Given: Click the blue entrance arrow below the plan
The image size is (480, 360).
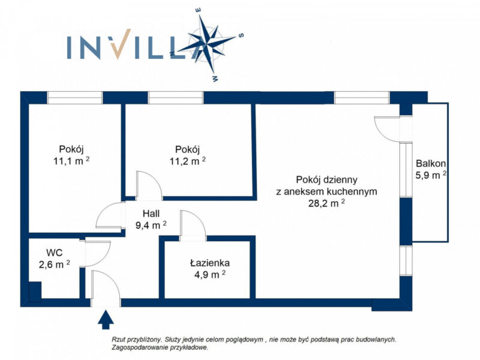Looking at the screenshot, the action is coord(106,319).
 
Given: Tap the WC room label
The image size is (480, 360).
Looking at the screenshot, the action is coord(55,253).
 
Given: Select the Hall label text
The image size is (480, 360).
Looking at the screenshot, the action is coord(151,214).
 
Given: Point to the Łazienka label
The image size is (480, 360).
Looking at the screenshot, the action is coord(209,263).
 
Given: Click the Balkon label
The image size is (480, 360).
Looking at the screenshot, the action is coord(431,163).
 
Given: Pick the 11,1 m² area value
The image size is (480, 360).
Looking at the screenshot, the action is coord(71,161).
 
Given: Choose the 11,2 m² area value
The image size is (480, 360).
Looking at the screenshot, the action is coord(187,161).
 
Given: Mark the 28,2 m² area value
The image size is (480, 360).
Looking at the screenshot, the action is coord(326,203).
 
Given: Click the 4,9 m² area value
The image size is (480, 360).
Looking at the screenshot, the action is coord(210,275).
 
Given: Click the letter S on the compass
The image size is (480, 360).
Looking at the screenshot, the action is coord(241,35).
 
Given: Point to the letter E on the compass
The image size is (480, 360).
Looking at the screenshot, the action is coord(198,10).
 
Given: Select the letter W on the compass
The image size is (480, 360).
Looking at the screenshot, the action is coord(215,79).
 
